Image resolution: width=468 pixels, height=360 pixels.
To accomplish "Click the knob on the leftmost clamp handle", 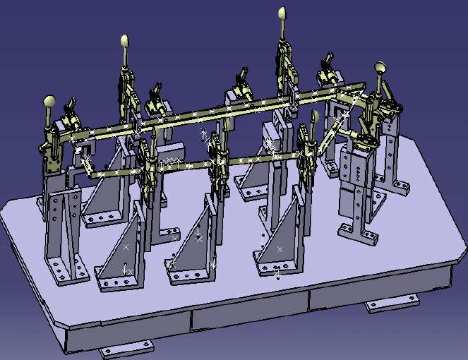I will (x=49, y=101).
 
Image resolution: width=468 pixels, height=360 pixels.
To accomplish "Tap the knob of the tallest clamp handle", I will (x=281, y=13).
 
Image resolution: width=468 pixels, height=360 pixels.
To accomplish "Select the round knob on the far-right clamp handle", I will (x=380, y=68).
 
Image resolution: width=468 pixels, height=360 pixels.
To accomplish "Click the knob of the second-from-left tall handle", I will (x=125, y=41).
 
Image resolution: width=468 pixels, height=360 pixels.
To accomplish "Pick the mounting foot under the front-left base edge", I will (x=126, y=349).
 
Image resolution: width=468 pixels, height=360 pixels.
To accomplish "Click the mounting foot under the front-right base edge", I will (x=392, y=305).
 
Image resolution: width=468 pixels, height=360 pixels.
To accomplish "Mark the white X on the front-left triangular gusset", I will (x=126, y=247).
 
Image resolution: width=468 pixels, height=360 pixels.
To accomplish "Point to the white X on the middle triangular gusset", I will (x=199, y=239).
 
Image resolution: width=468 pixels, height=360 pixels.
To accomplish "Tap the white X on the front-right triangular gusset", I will (x=280, y=248).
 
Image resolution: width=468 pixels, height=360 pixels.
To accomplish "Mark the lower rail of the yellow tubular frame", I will (x=212, y=163).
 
